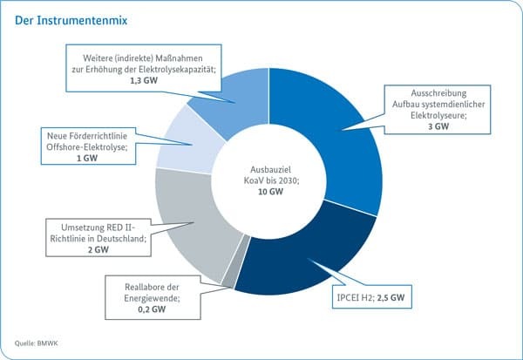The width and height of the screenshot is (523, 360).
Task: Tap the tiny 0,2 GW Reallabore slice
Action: [x=229, y=277]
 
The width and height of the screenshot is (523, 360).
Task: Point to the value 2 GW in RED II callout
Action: [x=98, y=249]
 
